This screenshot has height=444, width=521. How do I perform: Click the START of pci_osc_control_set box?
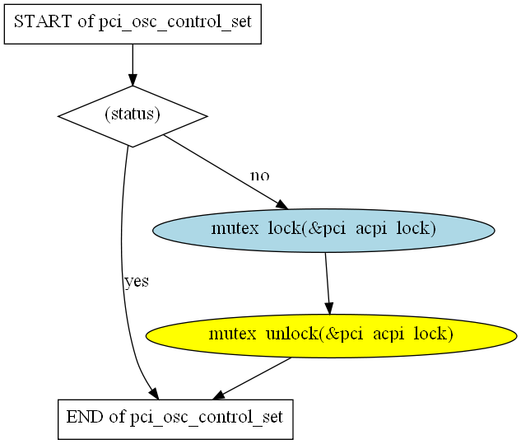click(x=133, y=24)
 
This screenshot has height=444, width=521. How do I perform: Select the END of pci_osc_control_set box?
click(x=175, y=419)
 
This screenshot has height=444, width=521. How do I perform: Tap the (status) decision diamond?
click(x=133, y=116)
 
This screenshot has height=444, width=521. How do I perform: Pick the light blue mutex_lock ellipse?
click(x=323, y=231)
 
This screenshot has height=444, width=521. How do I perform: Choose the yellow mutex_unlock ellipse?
click(x=331, y=336)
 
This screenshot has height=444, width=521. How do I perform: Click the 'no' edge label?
click(x=260, y=175)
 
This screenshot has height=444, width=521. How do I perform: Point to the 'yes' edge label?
click(x=137, y=282)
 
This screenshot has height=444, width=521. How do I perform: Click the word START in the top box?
click(x=43, y=21)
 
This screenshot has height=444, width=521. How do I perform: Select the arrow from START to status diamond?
click(x=133, y=65)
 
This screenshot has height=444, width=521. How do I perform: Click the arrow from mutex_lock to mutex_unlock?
click(x=328, y=283)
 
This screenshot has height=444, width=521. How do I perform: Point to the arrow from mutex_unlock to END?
click(x=252, y=378)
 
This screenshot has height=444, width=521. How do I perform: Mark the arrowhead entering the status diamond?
click(x=133, y=80)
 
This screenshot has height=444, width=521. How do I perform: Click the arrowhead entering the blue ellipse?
click(x=281, y=205)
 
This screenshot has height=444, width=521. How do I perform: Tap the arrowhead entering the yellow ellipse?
click(x=329, y=309)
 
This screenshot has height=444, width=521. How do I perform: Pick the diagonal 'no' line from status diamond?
click(x=226, y=172)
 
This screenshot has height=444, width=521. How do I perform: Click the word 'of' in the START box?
click(x=86, y=21)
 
